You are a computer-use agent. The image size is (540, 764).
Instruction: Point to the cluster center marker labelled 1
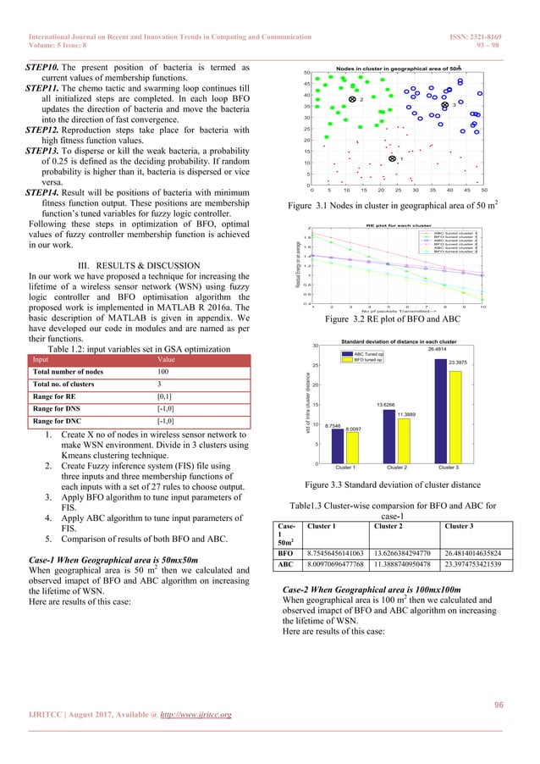click(392, 158)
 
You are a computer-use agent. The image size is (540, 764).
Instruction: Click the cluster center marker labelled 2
click(351, 100)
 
